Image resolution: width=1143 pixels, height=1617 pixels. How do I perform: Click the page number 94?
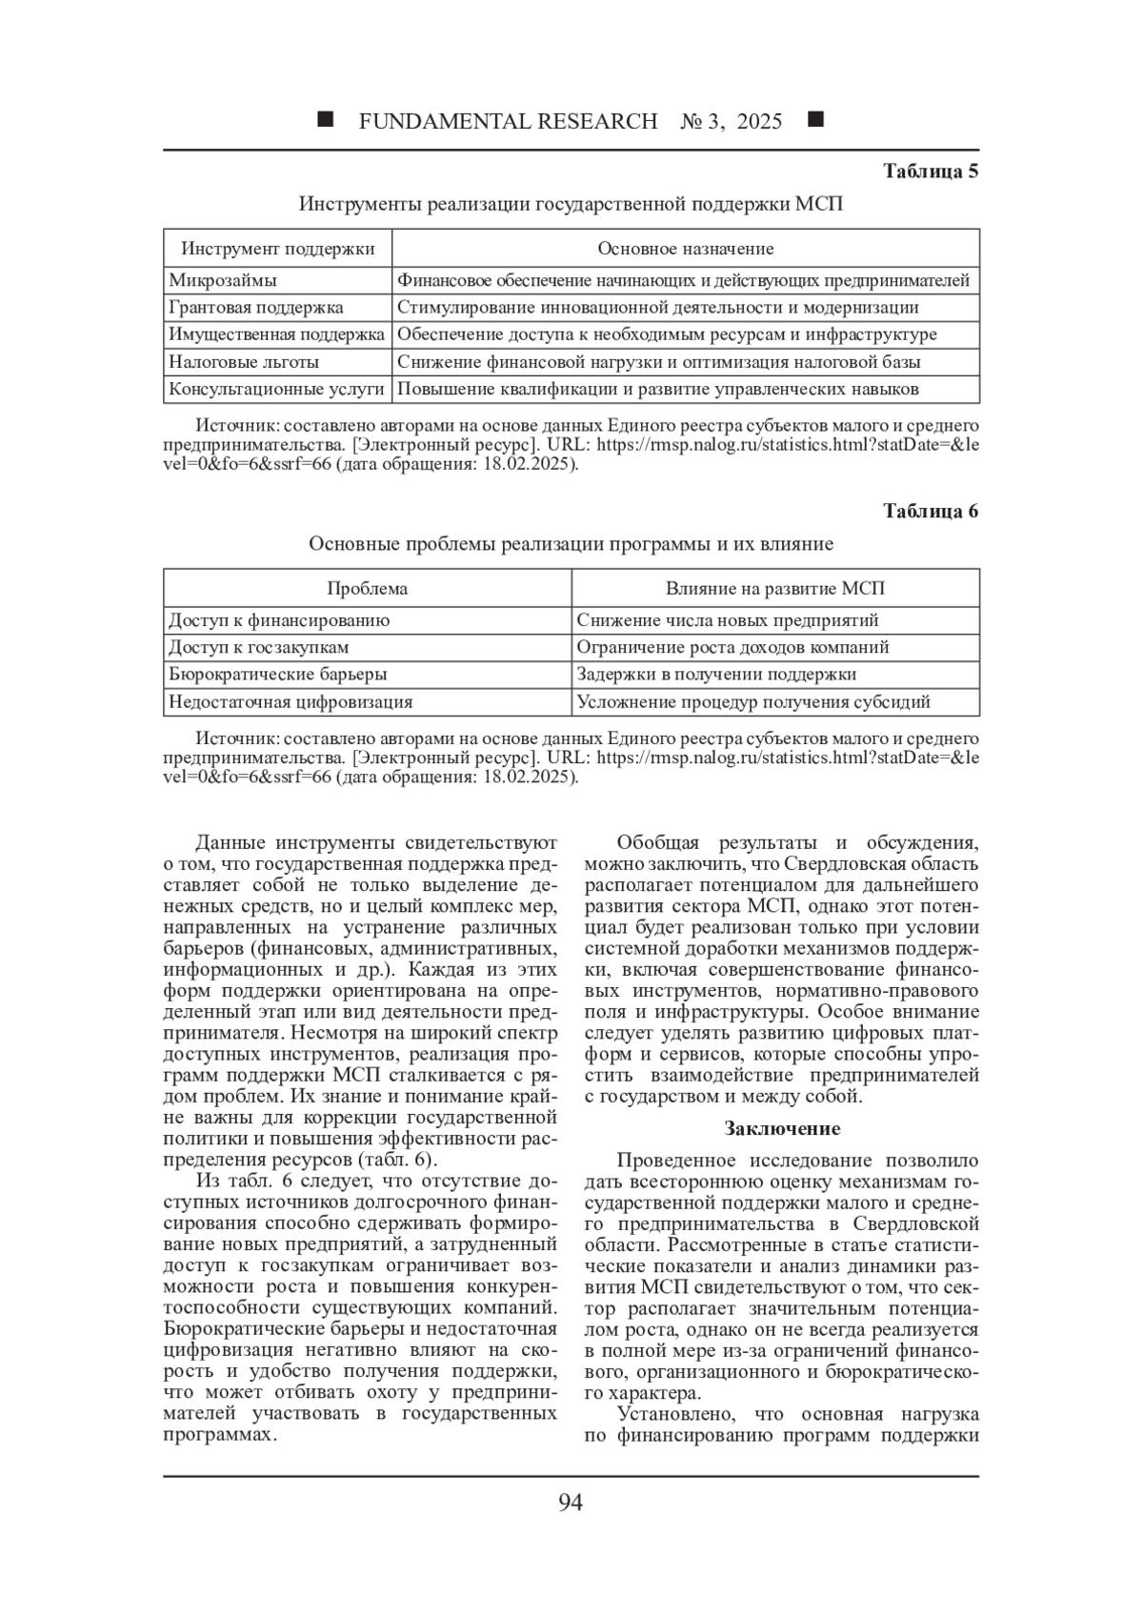[x=570, y=1503]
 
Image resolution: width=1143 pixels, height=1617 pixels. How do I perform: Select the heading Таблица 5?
[x=931, y=172]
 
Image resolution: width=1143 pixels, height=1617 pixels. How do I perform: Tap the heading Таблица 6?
[x=931, y=511]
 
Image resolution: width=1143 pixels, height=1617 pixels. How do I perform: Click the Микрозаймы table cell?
[x=223, y=280]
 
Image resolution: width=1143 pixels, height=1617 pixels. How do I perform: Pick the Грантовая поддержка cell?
[x=256, y=307]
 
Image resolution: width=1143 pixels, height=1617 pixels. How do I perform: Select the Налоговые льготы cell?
[x=244, y=362]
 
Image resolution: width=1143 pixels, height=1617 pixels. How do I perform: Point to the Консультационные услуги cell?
[x=276, y=389]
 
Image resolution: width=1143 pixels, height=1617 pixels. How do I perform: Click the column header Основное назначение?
[x=685, y=249]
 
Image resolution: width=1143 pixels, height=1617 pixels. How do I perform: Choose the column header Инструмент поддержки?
[x=278, y=249]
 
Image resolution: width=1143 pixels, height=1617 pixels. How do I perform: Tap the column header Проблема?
[x=368, y=588]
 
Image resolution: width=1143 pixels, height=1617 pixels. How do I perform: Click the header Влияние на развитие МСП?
[x=775, y=588]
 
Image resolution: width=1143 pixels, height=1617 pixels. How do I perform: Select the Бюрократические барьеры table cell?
[x=278, y=674]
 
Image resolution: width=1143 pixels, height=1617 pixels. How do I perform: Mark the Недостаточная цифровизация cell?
[x=291, y=702]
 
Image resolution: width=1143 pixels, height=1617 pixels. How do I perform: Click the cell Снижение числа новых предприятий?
[x=728, y=620]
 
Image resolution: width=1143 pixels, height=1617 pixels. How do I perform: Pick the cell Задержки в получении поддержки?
[x=716, y=674]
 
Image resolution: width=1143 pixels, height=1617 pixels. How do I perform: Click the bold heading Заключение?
[x=782, y=1128]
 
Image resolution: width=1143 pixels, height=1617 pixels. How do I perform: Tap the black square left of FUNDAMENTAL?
[x=326, y=120]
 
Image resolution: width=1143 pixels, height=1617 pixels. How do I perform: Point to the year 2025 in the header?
[x=759, y=121]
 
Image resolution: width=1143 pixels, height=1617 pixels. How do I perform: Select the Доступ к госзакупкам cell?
[x=259, y=647]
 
